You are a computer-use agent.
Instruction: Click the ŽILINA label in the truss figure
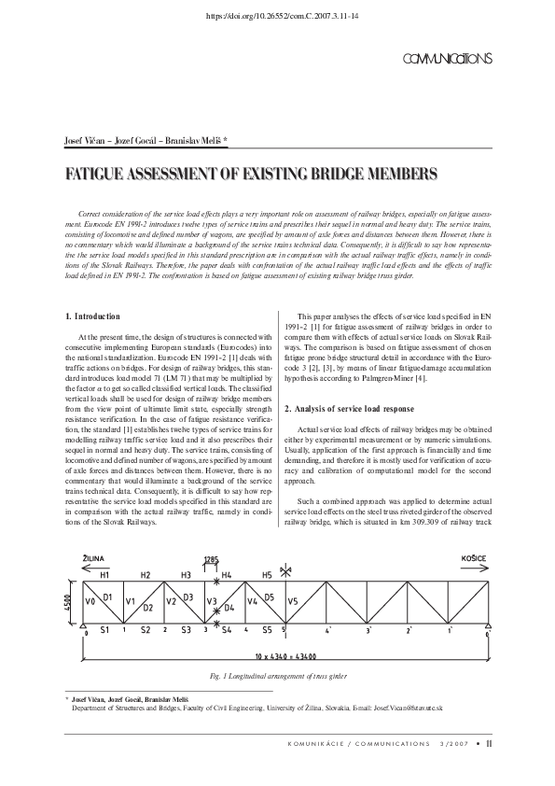click(99, 557)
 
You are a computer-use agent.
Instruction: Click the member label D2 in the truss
click(147, 608)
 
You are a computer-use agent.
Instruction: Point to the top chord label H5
click(266, 575)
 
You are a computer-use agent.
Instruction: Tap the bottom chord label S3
click(186, 630)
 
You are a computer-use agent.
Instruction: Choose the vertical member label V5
click(292, 601)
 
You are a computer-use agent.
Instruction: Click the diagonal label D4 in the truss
click(229, 608)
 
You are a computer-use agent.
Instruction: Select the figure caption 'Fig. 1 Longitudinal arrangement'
click(277, 675)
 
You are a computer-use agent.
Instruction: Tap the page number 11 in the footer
click(502, 744)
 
